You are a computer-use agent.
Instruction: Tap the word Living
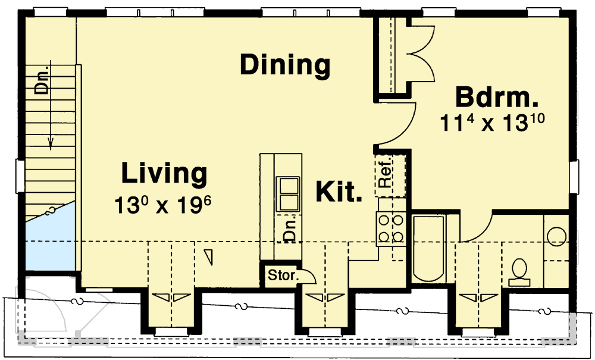pyautogui.click(x=164, y=174)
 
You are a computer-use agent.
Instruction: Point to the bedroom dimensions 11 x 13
pyautogui.click(x=493, y=123)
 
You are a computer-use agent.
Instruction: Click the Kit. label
pyautogui.click(x=339, y=192)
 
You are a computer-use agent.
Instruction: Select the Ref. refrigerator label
pyautogui.click(x=384, y=175)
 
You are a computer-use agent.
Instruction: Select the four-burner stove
pyautogui.click(x=390, y=229)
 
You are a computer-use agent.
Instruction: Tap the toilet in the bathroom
pyautogui.click(x=519, y=269)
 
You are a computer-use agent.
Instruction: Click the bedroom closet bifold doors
pyautogui.click(x=421, y=57)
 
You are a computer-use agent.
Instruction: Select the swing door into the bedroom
pyautogui.click(x=396, y=125)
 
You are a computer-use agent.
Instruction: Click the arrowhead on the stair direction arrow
pyautogui.click(x=51, y=143)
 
